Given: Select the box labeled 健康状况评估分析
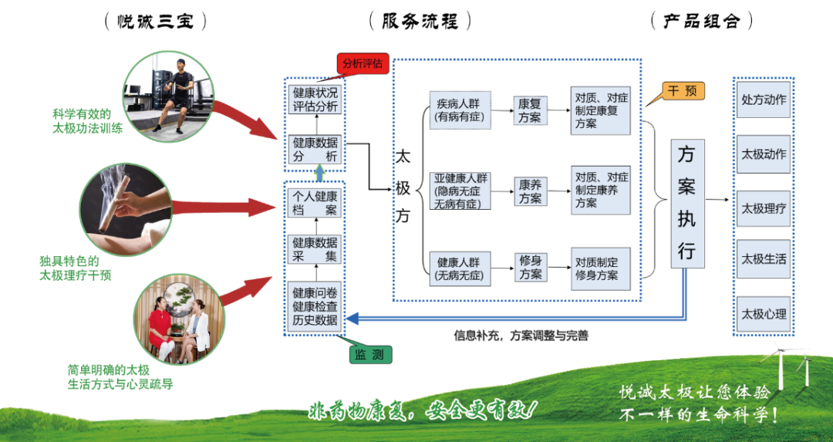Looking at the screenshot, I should [315, 100].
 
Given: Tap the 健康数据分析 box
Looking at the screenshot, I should [315, 150].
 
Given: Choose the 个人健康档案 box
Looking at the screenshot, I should [315, 203].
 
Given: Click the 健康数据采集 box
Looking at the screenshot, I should [315, 250].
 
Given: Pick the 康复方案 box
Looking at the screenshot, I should [530, 110].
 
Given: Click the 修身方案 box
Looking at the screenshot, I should [530, 268].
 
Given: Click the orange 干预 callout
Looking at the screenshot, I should [682, 92].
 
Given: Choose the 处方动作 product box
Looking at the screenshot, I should [764, 100].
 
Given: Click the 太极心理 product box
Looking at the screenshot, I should [764, 314].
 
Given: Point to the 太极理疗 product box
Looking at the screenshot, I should [764, 208].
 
